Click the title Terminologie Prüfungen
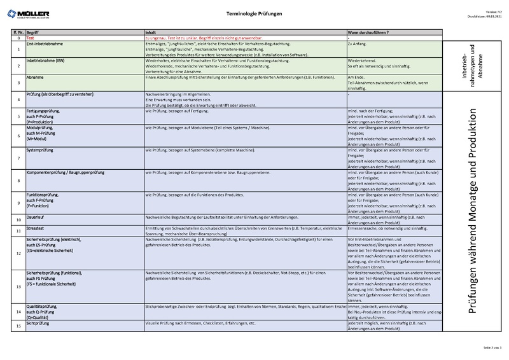point(254,13)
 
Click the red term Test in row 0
point(30,38)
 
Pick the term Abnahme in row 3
point(35,76)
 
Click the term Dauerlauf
point(36,218)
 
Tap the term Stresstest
point(36,228)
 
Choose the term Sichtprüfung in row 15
point(39,324)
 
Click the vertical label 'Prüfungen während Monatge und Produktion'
point(472,217)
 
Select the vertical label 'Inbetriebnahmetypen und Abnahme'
point(471,65)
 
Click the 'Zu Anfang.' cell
point(358,43)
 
